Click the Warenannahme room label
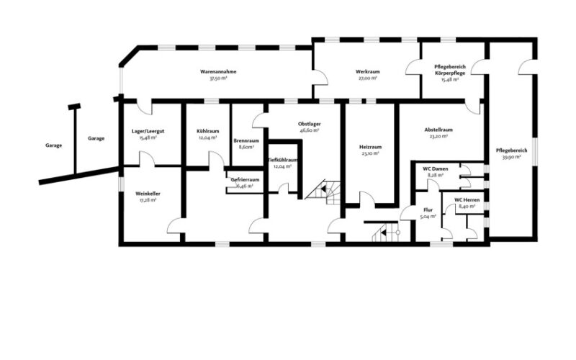(x=218, y=71)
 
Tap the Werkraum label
(x=367, y=71)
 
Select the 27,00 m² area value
(x=367, y=78)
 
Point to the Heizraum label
(x=370, y=147)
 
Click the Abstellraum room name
(x=438, y=130)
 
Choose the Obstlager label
(x=310, y=124)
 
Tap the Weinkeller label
(x=148, y=194)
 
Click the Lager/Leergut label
(x=148, y=131)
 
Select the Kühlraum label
(x=208, y=131)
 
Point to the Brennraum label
(x=246, y=140)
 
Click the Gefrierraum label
(x=245, y=179)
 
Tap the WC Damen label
(x=436, y=169)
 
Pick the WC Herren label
(x=467, y=200)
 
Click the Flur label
(x=428, y=210)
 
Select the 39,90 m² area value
(x=511, y=157)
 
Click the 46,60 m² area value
(x=310, y=130)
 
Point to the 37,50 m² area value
(x=218, y=78)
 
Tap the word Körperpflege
(x=450, y=73)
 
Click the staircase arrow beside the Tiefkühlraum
(x=323, y=189)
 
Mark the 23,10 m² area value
(x=370, y=153)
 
